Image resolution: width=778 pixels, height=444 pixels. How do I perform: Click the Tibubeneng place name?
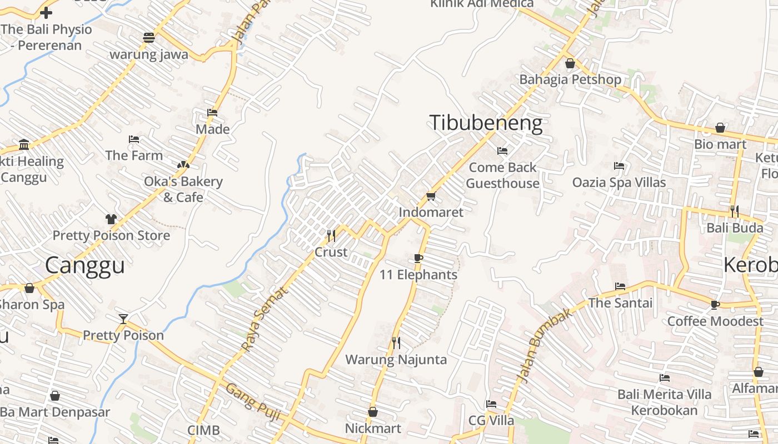(x=486, y=123)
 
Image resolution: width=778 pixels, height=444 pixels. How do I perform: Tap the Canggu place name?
(x=84, y=265)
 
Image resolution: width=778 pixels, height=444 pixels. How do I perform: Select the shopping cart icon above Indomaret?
(x=431, y=196)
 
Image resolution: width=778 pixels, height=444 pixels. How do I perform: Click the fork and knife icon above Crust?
(x=331, y=236)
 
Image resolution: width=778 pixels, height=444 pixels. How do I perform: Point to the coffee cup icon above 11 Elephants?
(x=418, y=259)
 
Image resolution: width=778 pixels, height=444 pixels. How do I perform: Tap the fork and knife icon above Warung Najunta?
(x=396, y=343)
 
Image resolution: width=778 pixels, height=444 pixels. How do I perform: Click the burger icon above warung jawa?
(x=148, y=38)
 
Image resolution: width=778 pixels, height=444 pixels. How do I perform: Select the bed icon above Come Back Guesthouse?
(x=502, y=151)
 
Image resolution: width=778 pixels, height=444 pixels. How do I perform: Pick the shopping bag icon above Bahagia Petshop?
(x=570, y=63)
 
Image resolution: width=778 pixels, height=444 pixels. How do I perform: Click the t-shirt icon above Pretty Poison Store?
(x=111, y=219)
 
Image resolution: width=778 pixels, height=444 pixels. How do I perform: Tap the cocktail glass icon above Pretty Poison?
(x=123, y=319)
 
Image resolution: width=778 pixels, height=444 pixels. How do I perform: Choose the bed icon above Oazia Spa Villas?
(x=619, y=166)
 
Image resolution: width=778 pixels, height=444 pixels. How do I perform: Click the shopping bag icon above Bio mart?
(x=720, y=128)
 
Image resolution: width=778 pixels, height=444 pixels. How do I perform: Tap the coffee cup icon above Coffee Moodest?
(x=715, y=305)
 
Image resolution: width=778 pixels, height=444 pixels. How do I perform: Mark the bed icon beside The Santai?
(x=620, y=286)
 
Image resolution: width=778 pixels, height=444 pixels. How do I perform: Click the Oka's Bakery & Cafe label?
(x=183, y=189)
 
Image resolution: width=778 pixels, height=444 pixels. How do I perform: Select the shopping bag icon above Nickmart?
(x=373, y=412)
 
